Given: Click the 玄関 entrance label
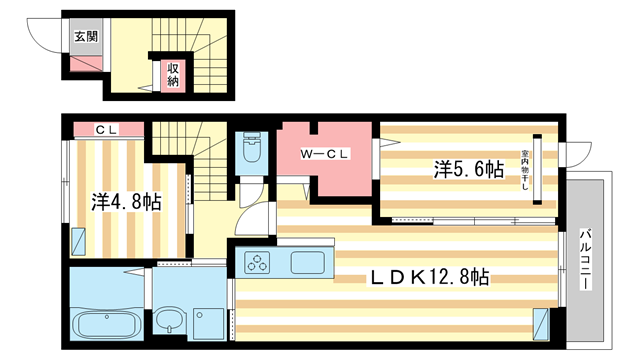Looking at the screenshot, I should (x=84, y=36).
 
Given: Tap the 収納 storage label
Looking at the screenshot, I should (x=173, y=73).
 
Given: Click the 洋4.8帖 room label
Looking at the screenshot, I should (x=127, y=200).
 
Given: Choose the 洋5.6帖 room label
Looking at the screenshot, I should (x=468, y=170).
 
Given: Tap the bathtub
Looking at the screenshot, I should (x=110, y=324).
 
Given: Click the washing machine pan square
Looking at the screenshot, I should (x=210, y=319).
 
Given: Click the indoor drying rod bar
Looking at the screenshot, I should (x=536, y=169).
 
